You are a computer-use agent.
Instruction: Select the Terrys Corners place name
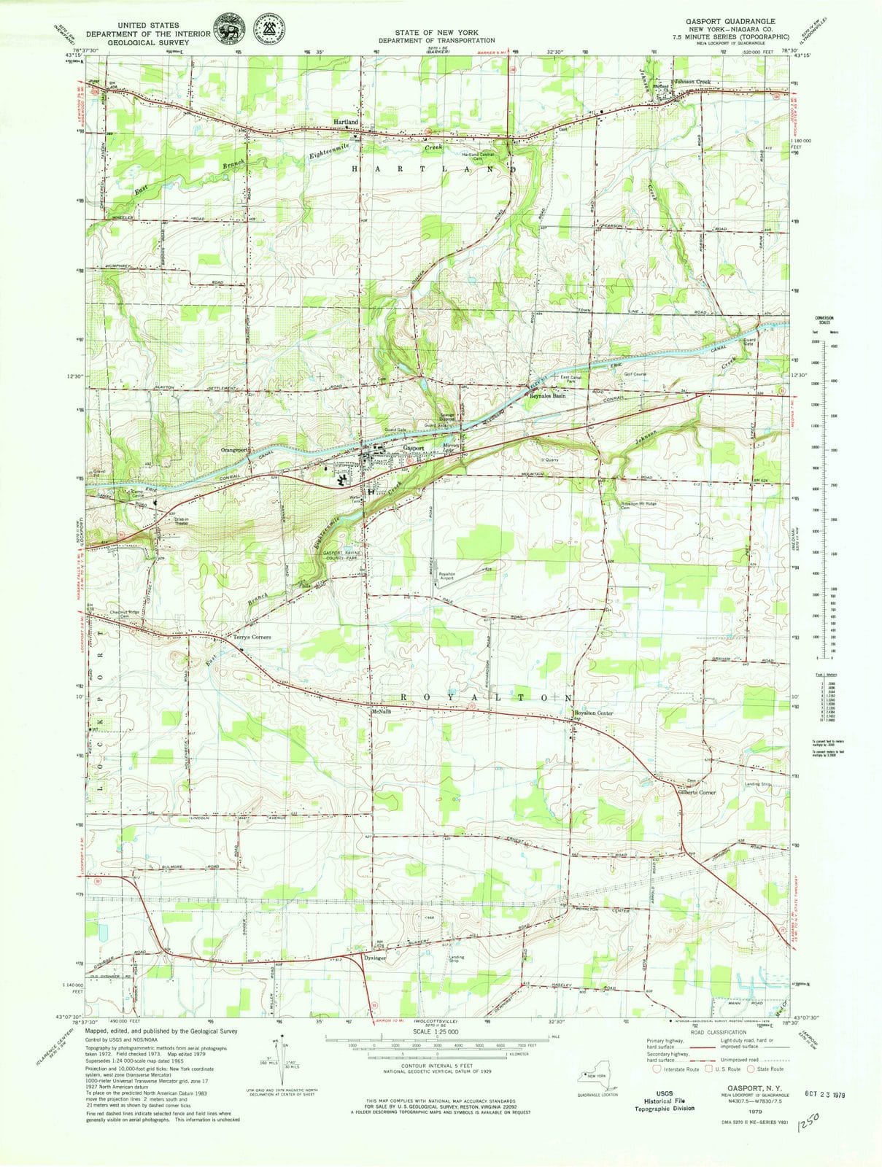[252, 637]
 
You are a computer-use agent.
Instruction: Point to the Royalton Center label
[593, 713]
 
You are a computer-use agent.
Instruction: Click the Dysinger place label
[374, 958]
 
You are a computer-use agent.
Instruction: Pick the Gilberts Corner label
[697, 792]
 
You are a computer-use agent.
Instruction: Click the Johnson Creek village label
[692, 81]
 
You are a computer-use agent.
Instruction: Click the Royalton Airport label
[446, 576]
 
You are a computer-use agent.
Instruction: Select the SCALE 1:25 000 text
[436, 1032]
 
